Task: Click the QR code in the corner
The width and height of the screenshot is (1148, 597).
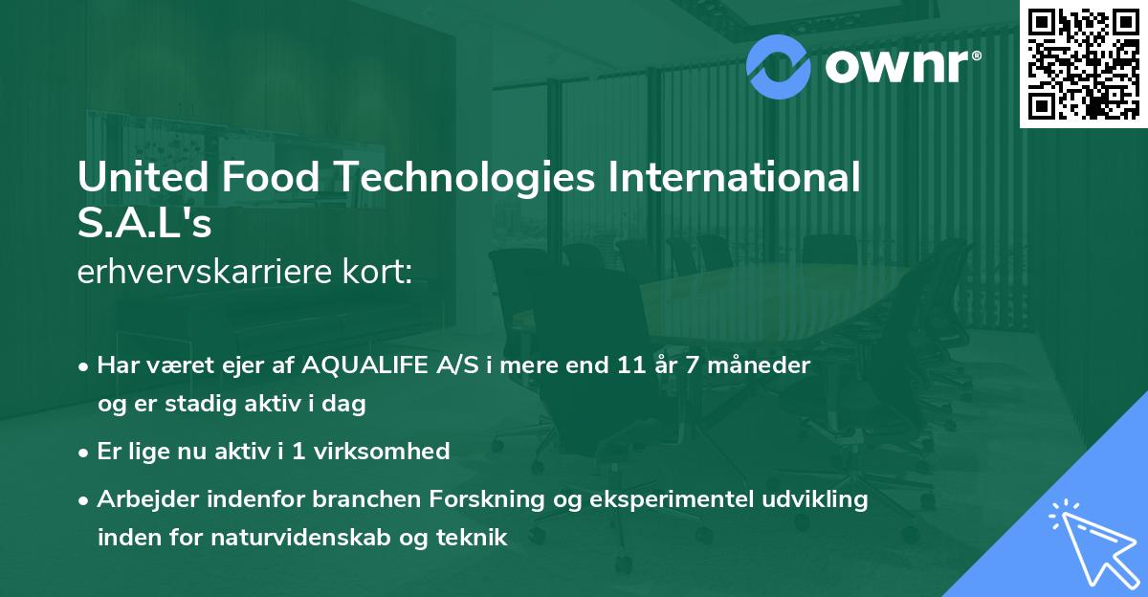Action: (x=1082, y=63)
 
